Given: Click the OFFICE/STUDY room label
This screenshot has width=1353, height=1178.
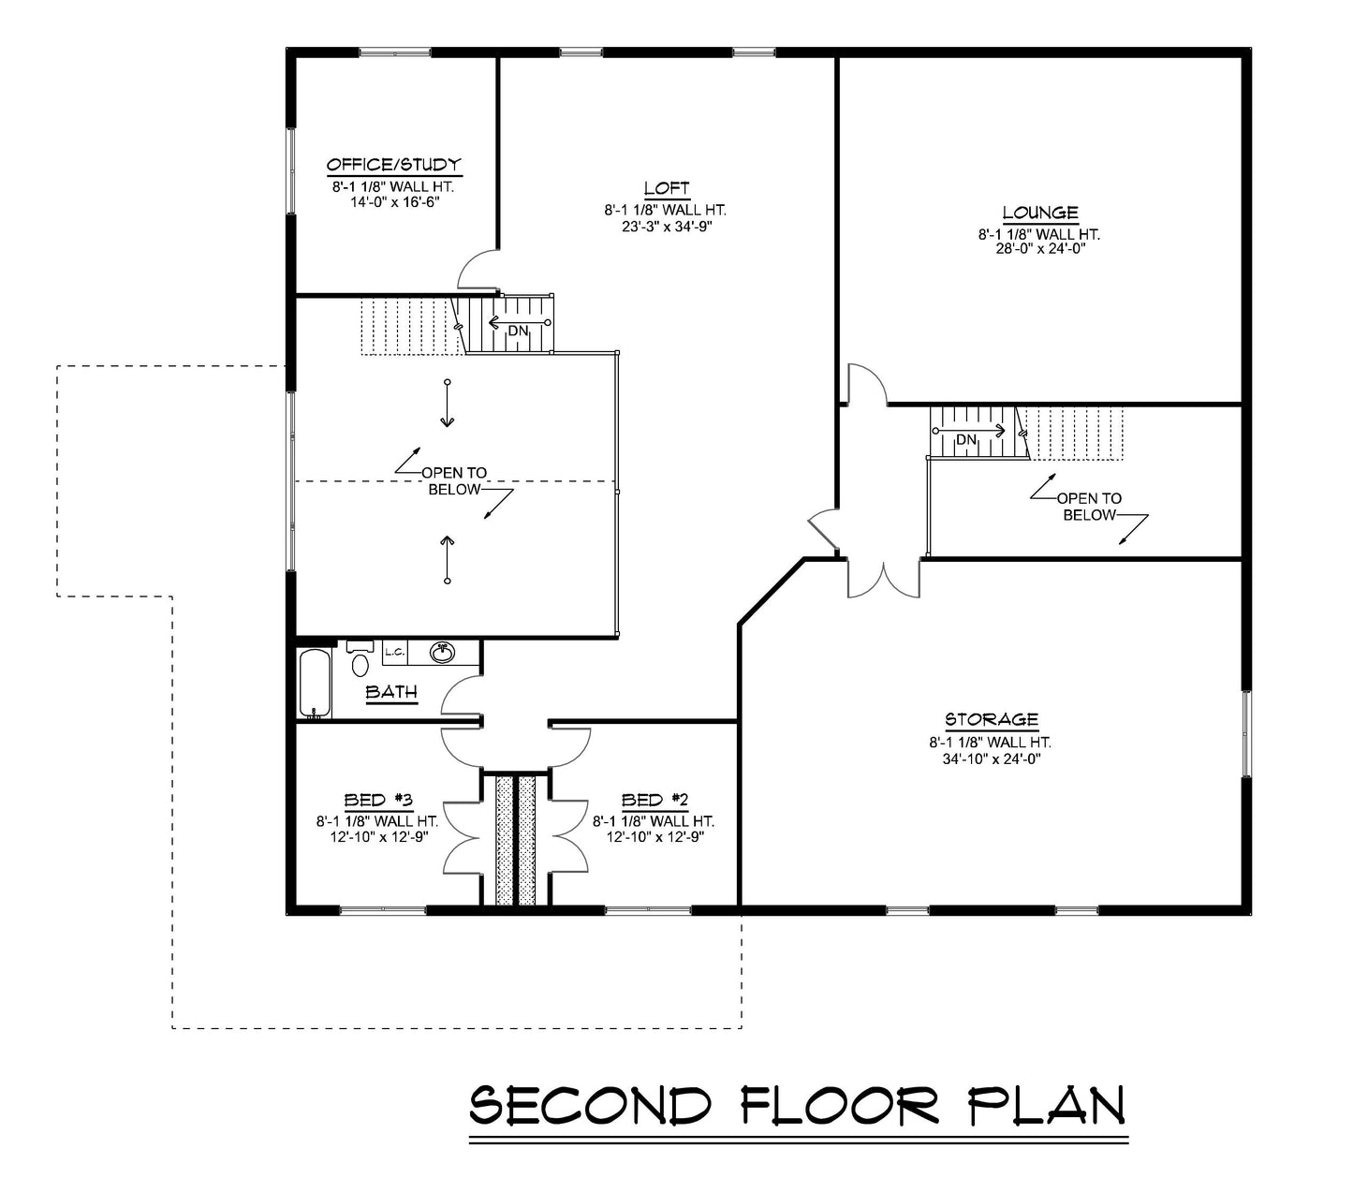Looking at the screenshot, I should [x=393, y=166].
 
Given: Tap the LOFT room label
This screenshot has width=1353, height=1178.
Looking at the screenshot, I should [x=667, y=188].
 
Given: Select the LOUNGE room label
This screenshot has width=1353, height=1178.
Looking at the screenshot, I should [x=1039, y=213].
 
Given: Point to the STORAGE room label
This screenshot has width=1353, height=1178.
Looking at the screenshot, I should [x=991, y=719].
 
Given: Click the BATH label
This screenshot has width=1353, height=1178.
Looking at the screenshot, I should [x=391, y=693].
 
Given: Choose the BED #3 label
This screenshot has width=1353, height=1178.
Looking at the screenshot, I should [x=378, y=800].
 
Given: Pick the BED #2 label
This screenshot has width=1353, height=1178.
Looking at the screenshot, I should [x=654, y=800].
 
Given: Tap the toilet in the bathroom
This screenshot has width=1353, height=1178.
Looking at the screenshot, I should [x=360, y=660].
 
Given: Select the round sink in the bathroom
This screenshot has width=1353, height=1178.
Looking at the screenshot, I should [x=442, y=653].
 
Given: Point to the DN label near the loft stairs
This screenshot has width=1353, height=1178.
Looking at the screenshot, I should [x=518, y=331].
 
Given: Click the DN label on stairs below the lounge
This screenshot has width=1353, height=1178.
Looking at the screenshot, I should [x=966, y=439].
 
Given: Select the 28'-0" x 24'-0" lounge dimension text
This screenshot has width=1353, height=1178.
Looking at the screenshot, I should [x=1039, y=249].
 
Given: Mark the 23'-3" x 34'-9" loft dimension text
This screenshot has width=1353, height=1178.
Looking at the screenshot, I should [x=666, y=226].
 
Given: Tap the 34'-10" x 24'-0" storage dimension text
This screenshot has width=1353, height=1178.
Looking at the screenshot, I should [x=991, y=758].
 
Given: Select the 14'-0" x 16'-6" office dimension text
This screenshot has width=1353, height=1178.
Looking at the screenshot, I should [x=393, y=201].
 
